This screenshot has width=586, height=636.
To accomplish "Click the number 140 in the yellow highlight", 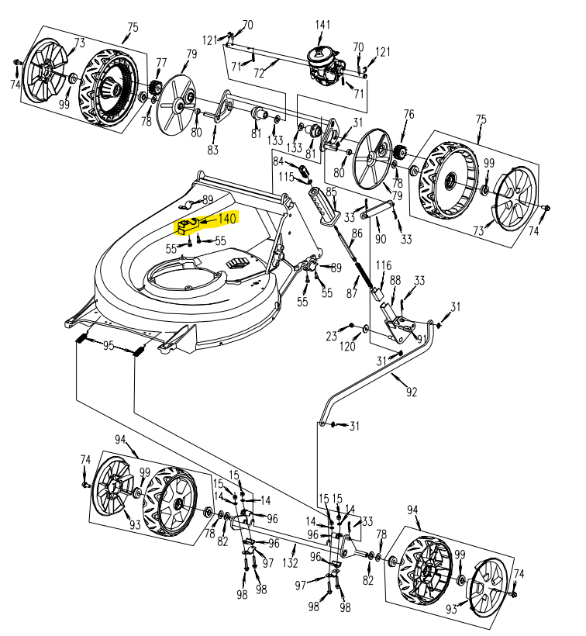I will [x=227, y=219].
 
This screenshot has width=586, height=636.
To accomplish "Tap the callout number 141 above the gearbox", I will [x=322, y=26].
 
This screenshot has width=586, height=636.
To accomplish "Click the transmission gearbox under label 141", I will [x=325, y=62].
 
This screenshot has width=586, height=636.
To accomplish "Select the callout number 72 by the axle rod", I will [x=259, y=74].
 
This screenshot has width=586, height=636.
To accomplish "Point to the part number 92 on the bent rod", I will [x=411, y=392].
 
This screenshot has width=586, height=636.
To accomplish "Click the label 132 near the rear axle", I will [x=290, y=562].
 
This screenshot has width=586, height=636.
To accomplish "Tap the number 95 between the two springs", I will [x=109, y=346].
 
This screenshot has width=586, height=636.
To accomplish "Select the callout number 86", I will [x=357, y=233].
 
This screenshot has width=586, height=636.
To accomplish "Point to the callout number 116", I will [x=384, y=266].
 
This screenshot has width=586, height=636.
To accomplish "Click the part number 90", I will [x=380, y=239].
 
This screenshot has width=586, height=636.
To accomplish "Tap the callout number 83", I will [x=212, y=149].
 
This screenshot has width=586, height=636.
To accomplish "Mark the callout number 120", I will [x=348, y=347].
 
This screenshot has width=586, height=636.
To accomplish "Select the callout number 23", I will [x=332, y=337].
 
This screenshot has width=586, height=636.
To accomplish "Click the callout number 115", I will [x=287, y=178].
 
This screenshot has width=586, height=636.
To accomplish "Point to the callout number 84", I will [x=279, y=161].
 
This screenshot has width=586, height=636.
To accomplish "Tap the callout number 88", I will [x=395, y=280].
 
